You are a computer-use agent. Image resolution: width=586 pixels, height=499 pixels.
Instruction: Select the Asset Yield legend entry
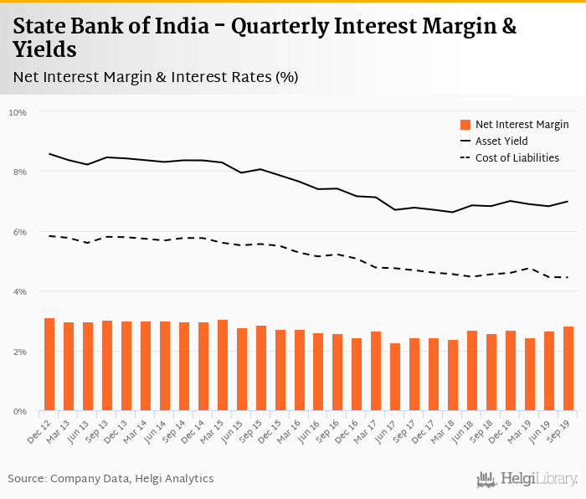pyautogui.click(x=501, y=141)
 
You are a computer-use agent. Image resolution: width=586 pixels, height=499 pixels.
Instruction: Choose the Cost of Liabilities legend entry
pyautogui.click(x=517, y=157)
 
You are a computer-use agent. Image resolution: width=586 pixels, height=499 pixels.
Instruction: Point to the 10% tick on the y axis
pyautogui.click(x=18, y=112)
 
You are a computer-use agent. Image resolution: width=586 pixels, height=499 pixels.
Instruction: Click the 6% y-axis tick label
pyautogui.click(x=20, y=232)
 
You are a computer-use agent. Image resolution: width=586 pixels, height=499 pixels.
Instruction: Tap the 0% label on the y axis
pyautogui.click(x=20, y=412)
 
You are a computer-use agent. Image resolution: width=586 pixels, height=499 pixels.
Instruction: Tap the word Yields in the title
pyautogui.click(x=45, y=50)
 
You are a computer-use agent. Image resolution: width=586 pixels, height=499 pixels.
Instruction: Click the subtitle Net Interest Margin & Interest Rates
pyautogui.click(x=156, y=77)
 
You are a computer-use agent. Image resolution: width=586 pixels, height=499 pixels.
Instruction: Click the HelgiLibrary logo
pyautogui.click(x=527, y=479)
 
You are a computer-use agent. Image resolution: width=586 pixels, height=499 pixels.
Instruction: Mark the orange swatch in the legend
pyautogui.click(x=466, y=124)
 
